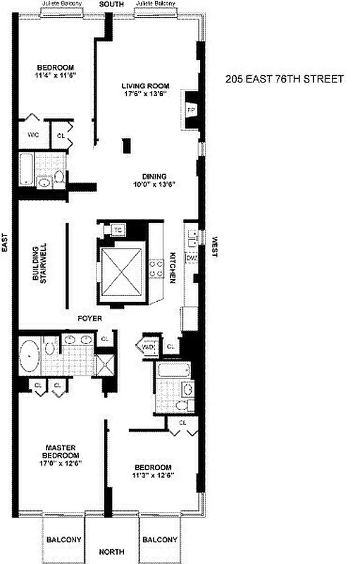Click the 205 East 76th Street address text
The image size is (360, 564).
click(285, 79)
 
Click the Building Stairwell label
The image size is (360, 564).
click(39, 264)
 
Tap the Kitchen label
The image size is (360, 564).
click(171, 267)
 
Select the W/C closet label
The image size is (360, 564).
click(33, 134)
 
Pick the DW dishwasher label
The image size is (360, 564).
click(192, 259)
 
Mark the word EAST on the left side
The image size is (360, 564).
click(5, 243)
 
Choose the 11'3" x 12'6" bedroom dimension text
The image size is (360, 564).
click(153, 475)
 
